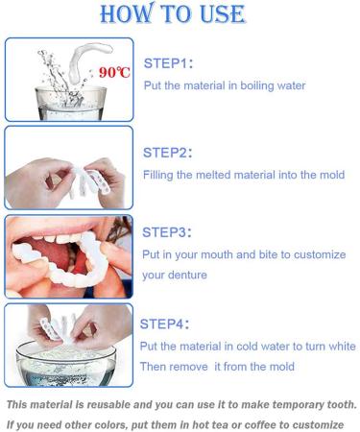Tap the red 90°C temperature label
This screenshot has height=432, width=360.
pos(113,73)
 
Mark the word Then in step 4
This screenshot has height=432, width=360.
pos(154,367)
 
